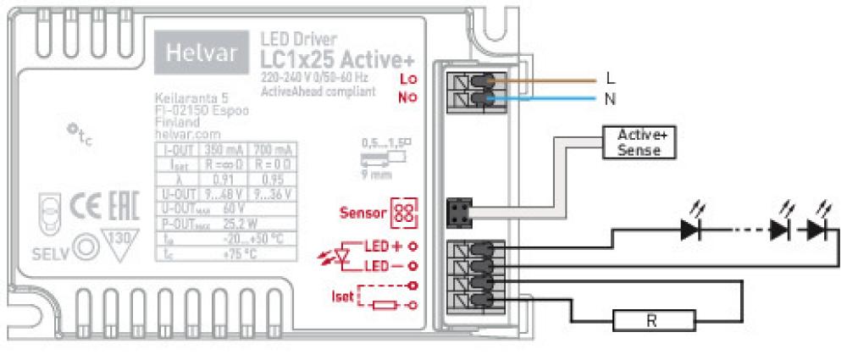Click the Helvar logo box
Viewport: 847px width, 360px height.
[202, 56]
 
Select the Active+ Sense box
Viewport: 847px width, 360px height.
[639, 141]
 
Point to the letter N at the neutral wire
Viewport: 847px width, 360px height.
[611, 99]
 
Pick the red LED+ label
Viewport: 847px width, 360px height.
[382, 246]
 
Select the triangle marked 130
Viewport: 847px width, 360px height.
[118, 242]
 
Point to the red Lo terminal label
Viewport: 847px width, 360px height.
[408, 79]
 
